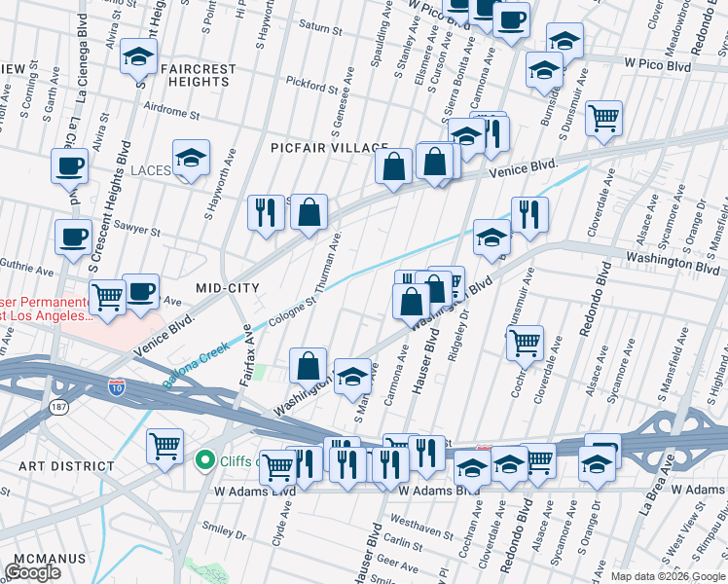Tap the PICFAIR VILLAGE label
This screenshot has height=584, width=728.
click(329, 147)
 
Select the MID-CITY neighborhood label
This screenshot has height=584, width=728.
click(228, 288)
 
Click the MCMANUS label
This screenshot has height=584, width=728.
click(44, 560)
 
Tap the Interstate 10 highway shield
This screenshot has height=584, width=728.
click(117, 386)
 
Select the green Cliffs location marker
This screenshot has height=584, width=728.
click(205, 459)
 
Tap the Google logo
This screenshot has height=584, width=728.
click(33, 572)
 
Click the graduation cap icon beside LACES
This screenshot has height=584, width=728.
click(191, 158)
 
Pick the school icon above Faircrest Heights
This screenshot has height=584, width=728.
click(139, 57)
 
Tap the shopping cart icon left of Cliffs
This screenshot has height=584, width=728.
click(164, 447)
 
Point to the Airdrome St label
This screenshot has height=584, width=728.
click(170, 113)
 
